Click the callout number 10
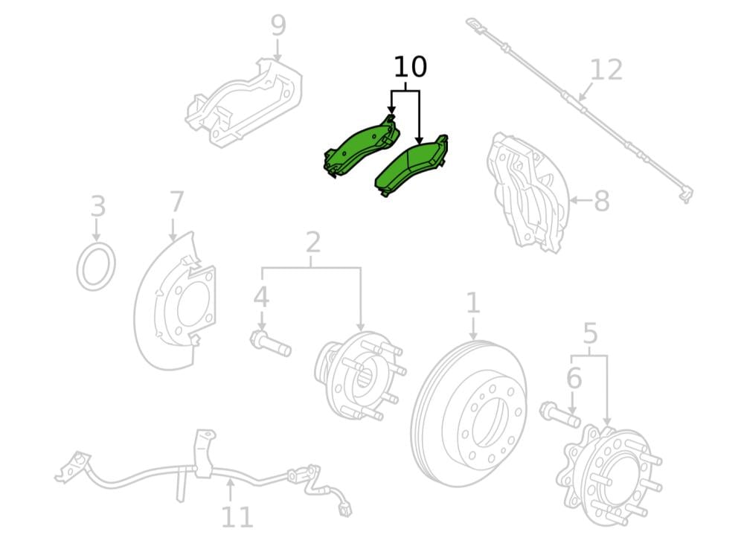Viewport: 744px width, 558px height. (x=411, y=67)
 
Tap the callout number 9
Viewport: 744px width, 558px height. (x=278, y=25)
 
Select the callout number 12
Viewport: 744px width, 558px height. (x=607, y=70)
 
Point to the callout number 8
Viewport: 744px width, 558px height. (x=602, y=201)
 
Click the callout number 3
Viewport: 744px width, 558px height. (x=98, y=207)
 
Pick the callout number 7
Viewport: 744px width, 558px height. (x=176, y=202)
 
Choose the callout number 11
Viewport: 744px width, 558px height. (x=237, y=517)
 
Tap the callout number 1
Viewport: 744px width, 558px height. (x=472, y=304)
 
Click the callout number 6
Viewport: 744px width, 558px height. (x=574, y=379)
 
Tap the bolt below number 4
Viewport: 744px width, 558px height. (x=271, y=344)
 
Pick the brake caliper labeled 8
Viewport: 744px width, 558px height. (x=527, y=192)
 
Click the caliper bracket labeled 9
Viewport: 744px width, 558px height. (x=243, y=102)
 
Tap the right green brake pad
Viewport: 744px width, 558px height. (x=411, y=166)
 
